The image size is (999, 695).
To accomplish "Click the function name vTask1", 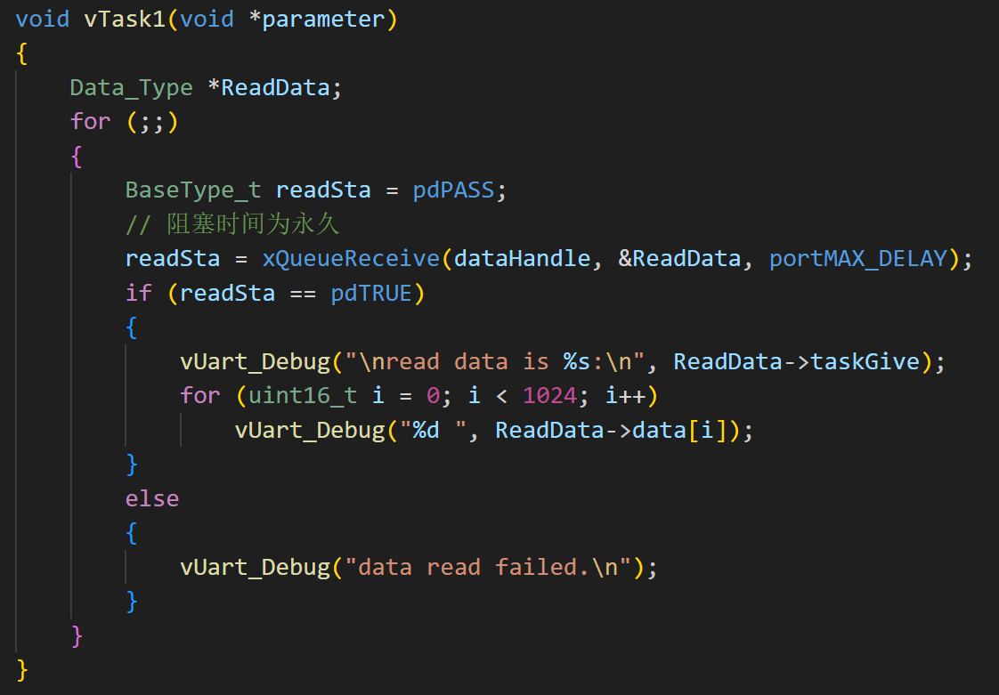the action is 125,20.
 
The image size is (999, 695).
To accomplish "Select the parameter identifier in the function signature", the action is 323,20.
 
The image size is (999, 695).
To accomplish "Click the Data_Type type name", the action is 132,88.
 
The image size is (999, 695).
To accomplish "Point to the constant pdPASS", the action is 453,190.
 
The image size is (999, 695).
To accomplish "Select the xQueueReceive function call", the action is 351,259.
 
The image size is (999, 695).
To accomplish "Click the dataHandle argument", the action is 523,259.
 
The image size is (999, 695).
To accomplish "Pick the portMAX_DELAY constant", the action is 858,259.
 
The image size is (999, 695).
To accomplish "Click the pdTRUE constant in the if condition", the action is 371,293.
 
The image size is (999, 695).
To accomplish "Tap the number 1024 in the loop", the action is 550,395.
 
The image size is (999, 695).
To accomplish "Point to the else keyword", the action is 152,498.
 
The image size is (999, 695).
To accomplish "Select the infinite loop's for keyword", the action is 91,122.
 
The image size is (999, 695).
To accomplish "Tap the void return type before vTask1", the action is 43,20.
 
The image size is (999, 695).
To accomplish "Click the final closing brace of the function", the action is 23,669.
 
